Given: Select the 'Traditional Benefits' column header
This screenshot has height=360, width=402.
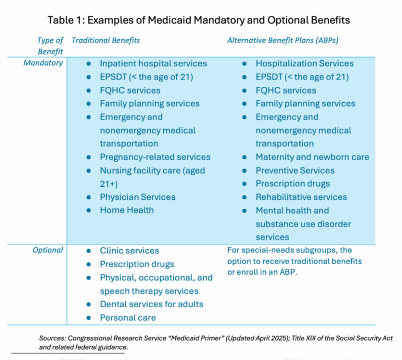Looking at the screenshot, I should click(x=106, y=40).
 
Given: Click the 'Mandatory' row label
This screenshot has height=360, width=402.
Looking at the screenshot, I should click(x=43, y=63).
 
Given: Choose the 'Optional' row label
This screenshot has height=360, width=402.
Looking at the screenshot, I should click(x=48, y=250).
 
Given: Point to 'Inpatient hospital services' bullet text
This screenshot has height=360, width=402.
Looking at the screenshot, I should click(x=153, y=63).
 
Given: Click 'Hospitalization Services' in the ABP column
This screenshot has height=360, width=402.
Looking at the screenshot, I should click(x=305, y=63).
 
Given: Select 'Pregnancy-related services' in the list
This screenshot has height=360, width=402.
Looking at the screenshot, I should click(x=155, y=157).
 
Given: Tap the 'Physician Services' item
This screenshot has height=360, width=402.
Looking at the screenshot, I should click(x=138, y=197).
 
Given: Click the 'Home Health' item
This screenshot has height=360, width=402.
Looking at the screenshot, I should click(x=127, y=210).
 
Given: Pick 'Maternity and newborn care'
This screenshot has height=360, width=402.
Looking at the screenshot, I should click(x=312, y=157).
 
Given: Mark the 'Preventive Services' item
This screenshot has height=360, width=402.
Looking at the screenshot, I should click(x=295, y=171).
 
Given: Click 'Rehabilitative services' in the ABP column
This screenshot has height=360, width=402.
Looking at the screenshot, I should click(x=301, y=197).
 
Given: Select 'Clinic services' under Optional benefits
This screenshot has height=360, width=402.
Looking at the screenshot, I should click(x=129, y=251).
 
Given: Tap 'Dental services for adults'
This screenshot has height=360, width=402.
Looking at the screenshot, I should click(x=152, y=304).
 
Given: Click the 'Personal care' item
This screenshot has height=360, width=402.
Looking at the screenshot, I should click(x=128, y=318).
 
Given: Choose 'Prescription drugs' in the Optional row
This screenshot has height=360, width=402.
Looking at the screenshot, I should click(x=137, y=264).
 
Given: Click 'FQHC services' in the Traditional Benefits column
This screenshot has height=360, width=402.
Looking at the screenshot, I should click(x=130, y=90).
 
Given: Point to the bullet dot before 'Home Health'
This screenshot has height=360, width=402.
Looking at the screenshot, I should click(x=89, y=210).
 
